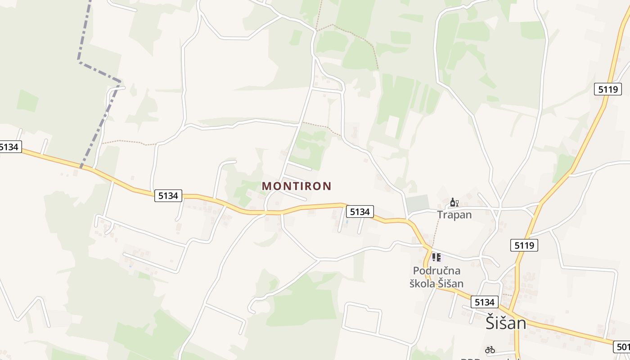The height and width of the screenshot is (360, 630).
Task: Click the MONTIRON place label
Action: pos(297,186)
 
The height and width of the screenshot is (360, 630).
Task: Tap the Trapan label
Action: pos(454,215)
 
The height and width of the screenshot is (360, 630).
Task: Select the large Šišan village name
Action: pos(506,323)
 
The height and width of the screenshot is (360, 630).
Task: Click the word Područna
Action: pos(436,271)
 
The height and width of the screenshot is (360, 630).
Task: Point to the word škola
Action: pos(423,283)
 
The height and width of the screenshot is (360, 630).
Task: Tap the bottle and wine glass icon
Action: pos(454,202)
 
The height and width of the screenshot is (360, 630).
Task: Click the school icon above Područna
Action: pos(436,257)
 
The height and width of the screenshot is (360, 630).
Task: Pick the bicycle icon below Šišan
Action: pos(490,349)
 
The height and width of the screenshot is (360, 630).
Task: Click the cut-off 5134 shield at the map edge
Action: pos(10,147)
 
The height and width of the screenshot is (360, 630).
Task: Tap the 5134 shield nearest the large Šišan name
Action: pos(484,302)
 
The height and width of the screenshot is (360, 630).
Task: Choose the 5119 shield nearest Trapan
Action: pos(524,245)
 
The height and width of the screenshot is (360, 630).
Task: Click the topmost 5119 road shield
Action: pos(607,89)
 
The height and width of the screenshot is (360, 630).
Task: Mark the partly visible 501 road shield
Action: pos(622,346)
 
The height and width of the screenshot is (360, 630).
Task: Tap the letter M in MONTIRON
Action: pos(266,186)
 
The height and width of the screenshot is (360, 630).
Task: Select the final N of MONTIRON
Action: pos(327,186)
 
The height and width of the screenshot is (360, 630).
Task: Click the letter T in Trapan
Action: pos(440,215)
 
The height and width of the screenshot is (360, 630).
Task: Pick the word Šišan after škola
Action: pos(451,283)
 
